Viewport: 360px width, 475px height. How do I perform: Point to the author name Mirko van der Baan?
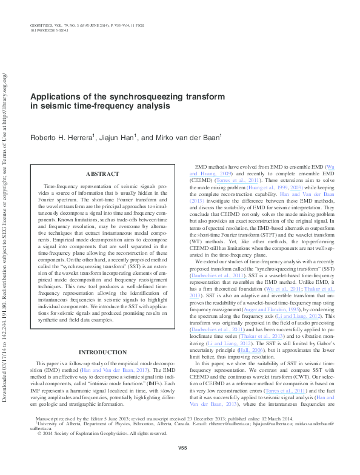188,138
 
